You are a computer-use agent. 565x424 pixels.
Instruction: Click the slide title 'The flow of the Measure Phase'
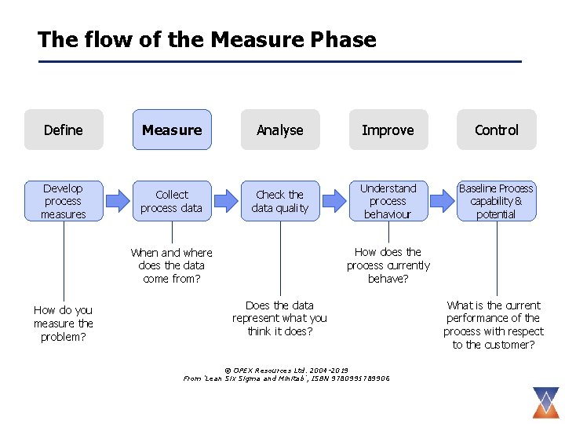[x=207, y=39]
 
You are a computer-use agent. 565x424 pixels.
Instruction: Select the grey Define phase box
[x=64, y=130]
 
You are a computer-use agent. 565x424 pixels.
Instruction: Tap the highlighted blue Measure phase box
[x=172, y=130]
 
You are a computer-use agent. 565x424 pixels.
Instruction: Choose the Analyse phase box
[x=280, y=130]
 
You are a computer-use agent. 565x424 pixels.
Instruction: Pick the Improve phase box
[x=388, y=130]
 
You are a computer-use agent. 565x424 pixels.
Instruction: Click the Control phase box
[x=497, y=130]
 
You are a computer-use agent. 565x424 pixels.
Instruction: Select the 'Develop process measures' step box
[x=64, y=201]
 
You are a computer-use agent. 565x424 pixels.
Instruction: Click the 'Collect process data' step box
[x=172, y=201]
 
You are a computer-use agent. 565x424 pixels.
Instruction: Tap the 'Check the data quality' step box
[x=280, y=201]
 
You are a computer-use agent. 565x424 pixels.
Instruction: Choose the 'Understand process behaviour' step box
[x=388, y=201]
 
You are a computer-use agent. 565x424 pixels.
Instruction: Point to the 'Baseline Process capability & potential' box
[x=497, y=201]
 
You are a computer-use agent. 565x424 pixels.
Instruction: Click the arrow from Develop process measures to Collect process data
[x=118, y=201]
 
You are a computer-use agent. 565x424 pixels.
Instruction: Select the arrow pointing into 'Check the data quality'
[x=226, y=201]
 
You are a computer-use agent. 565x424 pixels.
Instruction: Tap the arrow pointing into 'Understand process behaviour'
[x=334, y=201]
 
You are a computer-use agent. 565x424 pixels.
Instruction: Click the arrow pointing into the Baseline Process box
[x=443, y=201]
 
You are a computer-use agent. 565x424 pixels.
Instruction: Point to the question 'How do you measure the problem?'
[x=64, y=323]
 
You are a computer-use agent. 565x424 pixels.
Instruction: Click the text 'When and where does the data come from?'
[x=172, y=265]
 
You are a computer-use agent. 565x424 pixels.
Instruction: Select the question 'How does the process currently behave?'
[x=388, y=265]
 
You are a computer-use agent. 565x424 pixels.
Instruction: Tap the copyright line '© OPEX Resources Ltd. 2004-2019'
[x=286, y=370]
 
